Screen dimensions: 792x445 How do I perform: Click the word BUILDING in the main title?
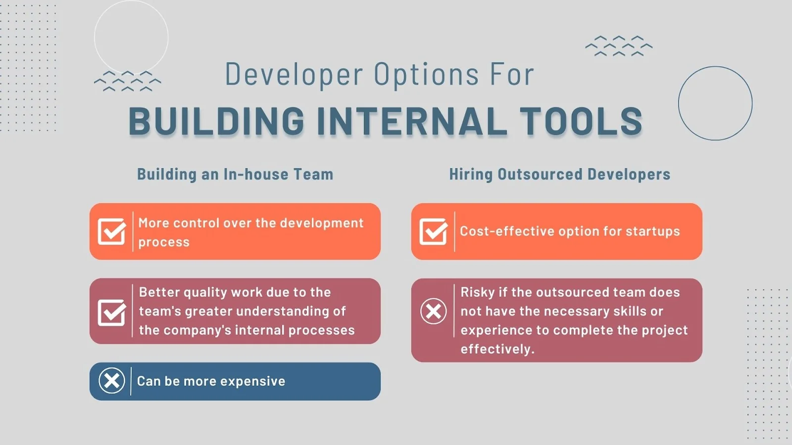(x=216, y=121)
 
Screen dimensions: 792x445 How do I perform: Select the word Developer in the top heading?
(x=294, y=75)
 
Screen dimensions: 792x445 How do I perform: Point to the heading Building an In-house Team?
(x=235, y=174)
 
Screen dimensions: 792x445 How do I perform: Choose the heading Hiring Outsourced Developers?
(x=560, y=174)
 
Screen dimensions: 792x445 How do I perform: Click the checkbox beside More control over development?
(x=112, y=231)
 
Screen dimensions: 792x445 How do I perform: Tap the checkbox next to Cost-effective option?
(x=434, y=231)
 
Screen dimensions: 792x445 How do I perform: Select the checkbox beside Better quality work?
(x=112, y=312)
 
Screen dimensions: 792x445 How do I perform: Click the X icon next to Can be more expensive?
(x=112, y=381)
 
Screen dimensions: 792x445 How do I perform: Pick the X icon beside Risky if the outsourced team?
(x=434, y=311)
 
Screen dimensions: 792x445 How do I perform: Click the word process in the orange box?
(x=164, y=243)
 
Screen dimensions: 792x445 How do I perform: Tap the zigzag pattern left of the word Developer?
(x=128, y=81)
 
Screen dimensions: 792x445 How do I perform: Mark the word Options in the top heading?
(x=426, y=75)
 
